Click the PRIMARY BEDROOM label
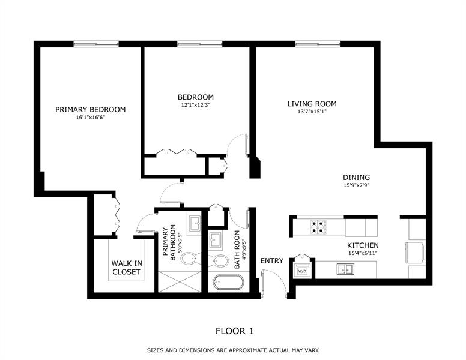[x=90, y=110]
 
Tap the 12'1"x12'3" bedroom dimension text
[x=196, y=105]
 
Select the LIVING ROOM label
[x=312, y=104]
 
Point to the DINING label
[x=356, y=178]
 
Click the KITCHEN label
[x=363, y=245]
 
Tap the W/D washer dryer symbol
[x=302, y=271]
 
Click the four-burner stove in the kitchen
[x=318, y=227]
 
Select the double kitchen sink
[x=345, y=269]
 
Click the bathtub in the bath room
[x=228, y=283]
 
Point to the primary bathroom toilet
[x=189, y=259]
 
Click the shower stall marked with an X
[x=180, y=281]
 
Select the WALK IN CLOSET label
[x=127, y=268]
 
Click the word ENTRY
[x=271, y=261]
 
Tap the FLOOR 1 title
[x=234, y=331]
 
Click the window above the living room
[x=318, y=44]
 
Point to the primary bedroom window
[x=96, y=44]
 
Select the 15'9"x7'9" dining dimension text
[x=356, y=185]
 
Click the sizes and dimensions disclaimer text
[x=233, y=350]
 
